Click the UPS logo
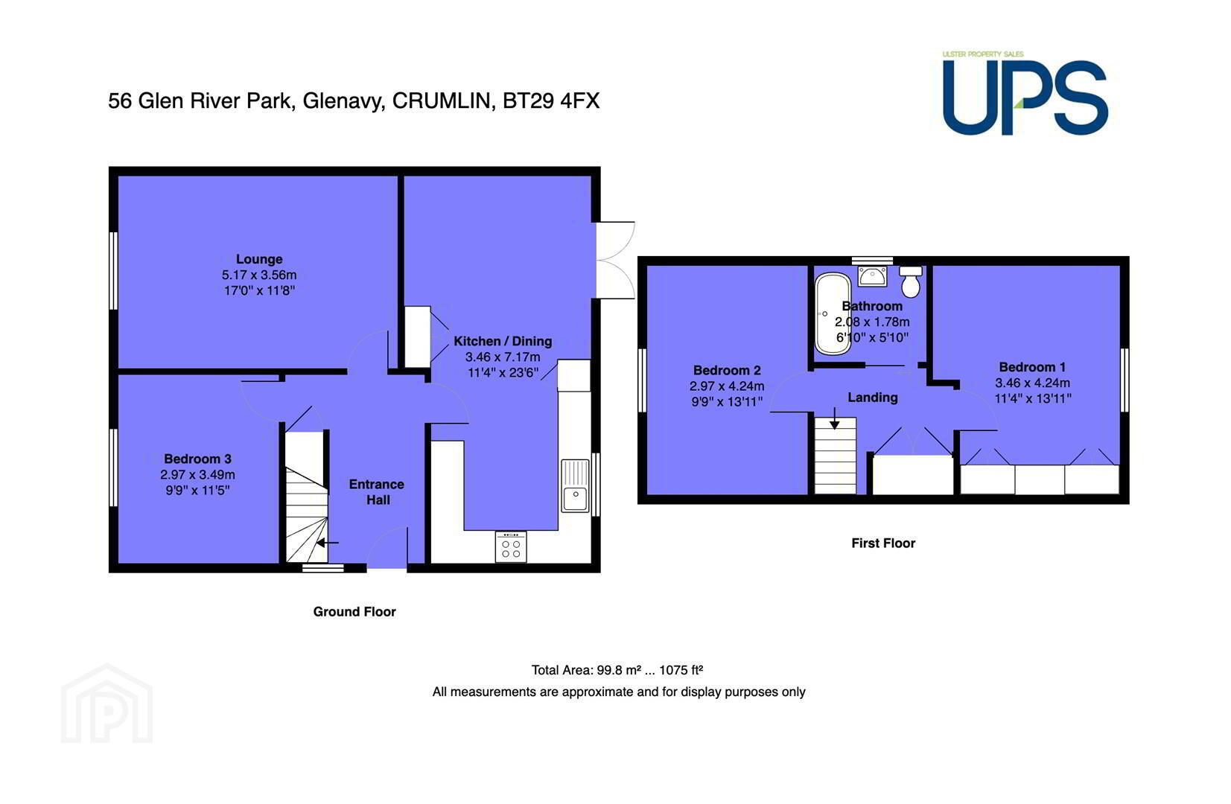point(1025,93)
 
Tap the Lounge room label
point(259,259)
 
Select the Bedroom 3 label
point(197,459)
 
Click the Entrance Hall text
point(377,492)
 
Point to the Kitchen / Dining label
point(503,341)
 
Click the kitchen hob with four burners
point(511,547)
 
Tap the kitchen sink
point(575,486)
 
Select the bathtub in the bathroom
point(833,313)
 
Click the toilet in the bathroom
point(911,282)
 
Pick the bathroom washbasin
point(873,275)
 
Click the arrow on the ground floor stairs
point(328,543)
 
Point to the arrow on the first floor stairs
point(835,418)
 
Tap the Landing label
point(873,397)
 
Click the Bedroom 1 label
point(1032,367)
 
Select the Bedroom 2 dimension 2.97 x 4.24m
point(727,386)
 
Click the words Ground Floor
point(354,612)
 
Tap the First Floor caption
point(883,543)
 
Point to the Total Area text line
point(617,670)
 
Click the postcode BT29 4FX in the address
point(550,101)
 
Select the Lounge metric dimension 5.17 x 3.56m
point(259,275)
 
